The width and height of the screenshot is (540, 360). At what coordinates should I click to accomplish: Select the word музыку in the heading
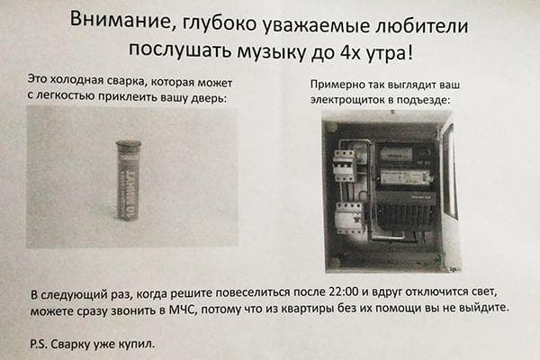pyautogui.click(x=272, y=51)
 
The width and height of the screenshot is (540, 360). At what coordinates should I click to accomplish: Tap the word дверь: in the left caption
pyautogui.click(x=209, y=98)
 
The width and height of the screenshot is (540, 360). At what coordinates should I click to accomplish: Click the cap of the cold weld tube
pyautogui.click(x=128, y=144)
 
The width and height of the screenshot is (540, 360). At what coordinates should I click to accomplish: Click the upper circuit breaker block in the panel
pyautogui.click(x=344, y=166)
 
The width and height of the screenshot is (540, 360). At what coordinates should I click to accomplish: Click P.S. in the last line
pyautogui.click(x=38, y=344)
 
